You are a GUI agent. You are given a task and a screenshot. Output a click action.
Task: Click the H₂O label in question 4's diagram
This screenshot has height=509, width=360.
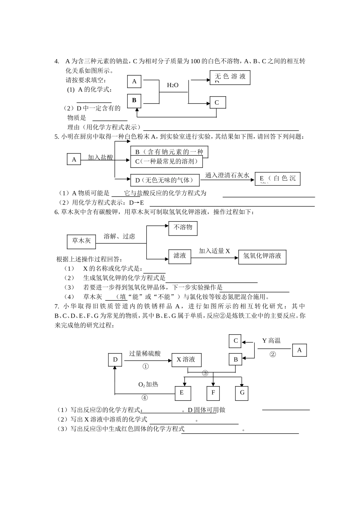tap(172, 86)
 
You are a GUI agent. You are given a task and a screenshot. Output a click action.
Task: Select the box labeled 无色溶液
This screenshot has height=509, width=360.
tap(230, 77)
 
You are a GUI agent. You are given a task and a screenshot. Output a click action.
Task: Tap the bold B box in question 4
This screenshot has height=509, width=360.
tap(134, 101)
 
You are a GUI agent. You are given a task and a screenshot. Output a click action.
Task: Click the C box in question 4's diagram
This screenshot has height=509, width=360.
tap(217, 103)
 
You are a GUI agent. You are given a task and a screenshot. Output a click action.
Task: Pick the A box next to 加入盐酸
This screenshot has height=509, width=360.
tap(74, 159)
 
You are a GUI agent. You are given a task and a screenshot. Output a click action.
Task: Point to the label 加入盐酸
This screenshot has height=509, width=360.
tap(100, 157)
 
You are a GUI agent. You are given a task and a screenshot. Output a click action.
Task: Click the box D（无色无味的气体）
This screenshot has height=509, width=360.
tap(164, 180)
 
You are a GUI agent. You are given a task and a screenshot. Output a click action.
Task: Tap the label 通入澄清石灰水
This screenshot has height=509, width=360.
tap(227, 175)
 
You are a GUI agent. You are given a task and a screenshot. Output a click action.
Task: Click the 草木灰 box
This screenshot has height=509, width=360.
tap(81, 241)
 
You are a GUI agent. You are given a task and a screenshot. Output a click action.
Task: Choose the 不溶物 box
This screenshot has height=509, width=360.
tap(183, 228)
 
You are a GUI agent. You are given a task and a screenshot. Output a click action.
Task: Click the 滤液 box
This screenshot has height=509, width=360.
tap(180, 256)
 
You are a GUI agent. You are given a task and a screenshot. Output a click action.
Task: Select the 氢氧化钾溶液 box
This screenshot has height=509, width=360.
tap(262, 256)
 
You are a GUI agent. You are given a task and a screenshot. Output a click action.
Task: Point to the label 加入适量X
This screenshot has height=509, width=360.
tap(214, 251)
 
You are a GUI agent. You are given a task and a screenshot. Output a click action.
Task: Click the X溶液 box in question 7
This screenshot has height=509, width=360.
tap(186, 360)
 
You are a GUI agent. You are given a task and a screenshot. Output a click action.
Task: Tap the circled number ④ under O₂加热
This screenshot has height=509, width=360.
tap(145, 398)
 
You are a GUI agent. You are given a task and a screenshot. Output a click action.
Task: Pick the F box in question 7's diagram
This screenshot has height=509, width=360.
tap(213, 393)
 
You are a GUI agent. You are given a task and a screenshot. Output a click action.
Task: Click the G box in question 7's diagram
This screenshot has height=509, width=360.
tap(242, 393)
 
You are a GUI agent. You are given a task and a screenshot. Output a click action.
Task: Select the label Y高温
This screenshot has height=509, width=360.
tap(271, 341)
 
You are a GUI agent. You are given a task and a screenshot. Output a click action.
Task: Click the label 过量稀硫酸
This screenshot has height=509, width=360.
tap(145, 354)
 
